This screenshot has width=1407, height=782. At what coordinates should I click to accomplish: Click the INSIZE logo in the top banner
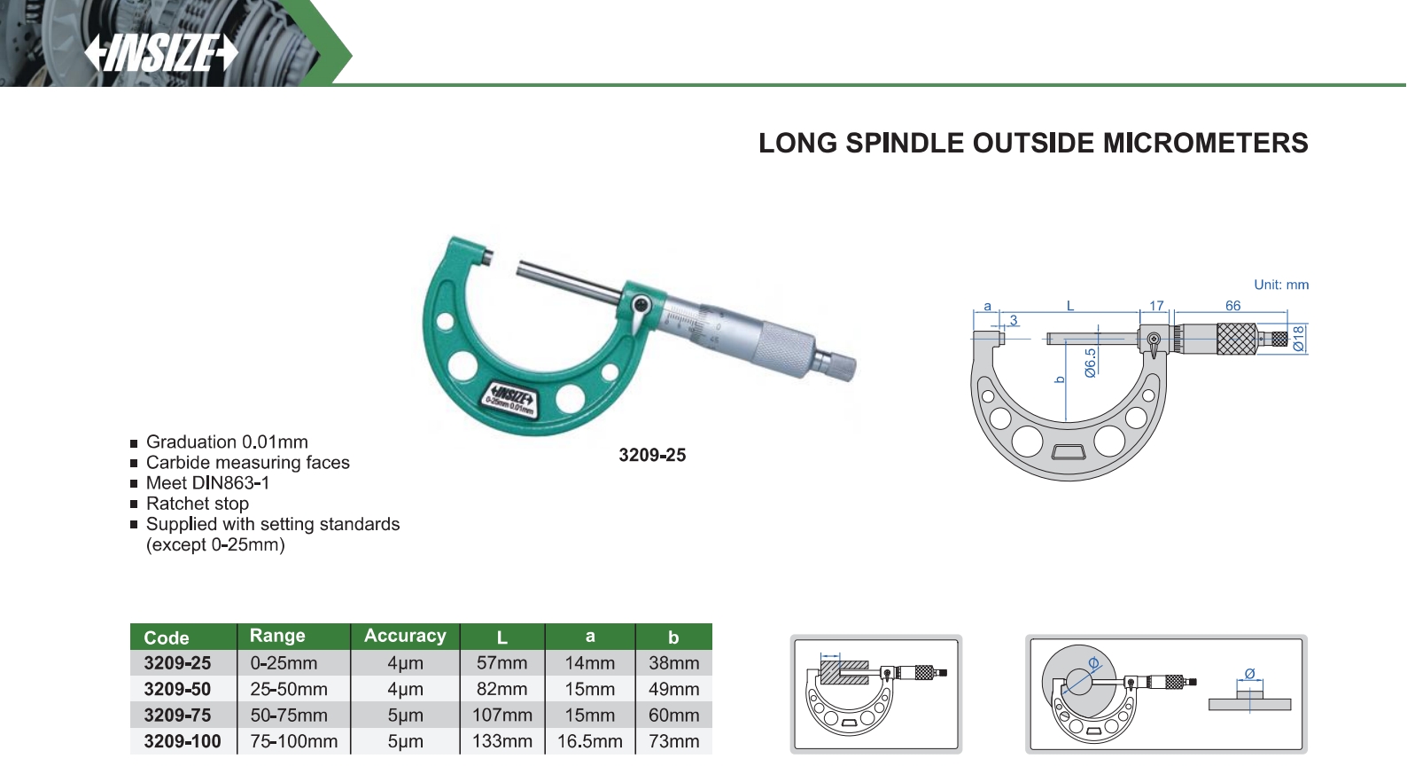[x=161, y=53]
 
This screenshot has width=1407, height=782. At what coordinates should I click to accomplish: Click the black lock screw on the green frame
[x=641, y=306]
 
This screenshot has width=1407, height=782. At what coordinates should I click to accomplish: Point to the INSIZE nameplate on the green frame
[x=510, y=400]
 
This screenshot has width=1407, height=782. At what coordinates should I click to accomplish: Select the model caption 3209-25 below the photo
[x=652, y=455]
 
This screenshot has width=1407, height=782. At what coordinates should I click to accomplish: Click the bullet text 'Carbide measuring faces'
[x=247, y=463]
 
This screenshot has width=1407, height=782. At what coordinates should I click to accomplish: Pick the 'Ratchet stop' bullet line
[x=198, y=504]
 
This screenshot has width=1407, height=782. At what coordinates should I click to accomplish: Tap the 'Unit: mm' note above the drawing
[x=1281, y=285]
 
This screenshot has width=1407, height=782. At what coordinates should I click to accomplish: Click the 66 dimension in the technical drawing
[x=1232, y=306]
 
